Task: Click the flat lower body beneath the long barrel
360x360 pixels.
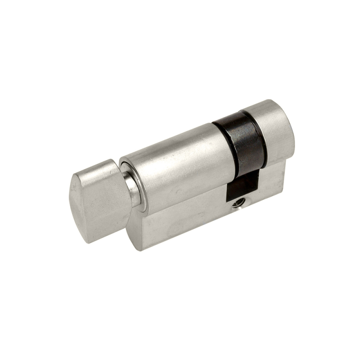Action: point(180,225)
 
